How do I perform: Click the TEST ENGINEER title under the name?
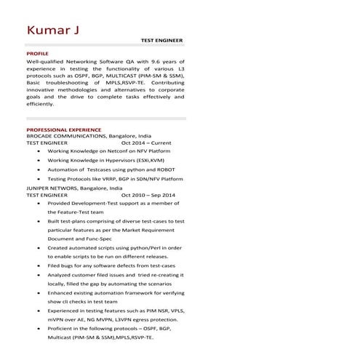pos(161,41)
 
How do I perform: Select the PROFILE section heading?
pos(37,55)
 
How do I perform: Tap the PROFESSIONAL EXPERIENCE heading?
pos(64,129)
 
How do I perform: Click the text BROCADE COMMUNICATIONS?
pos(66,136)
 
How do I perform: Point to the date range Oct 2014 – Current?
pos(146,143)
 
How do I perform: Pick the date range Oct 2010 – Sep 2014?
pos(148,196)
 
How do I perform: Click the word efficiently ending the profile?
pos(40,104)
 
